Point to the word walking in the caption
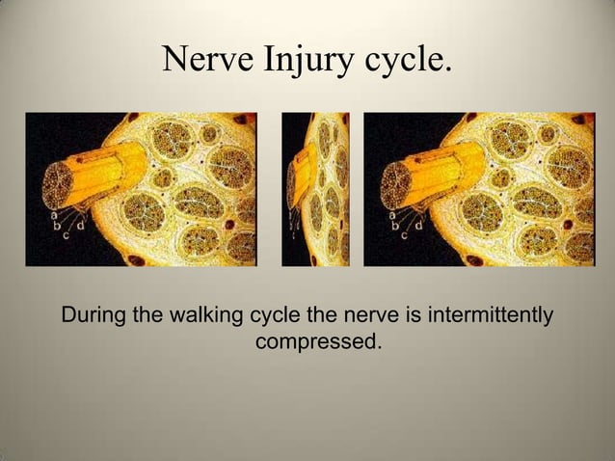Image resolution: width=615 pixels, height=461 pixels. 209,315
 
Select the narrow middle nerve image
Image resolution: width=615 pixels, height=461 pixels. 315,189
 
